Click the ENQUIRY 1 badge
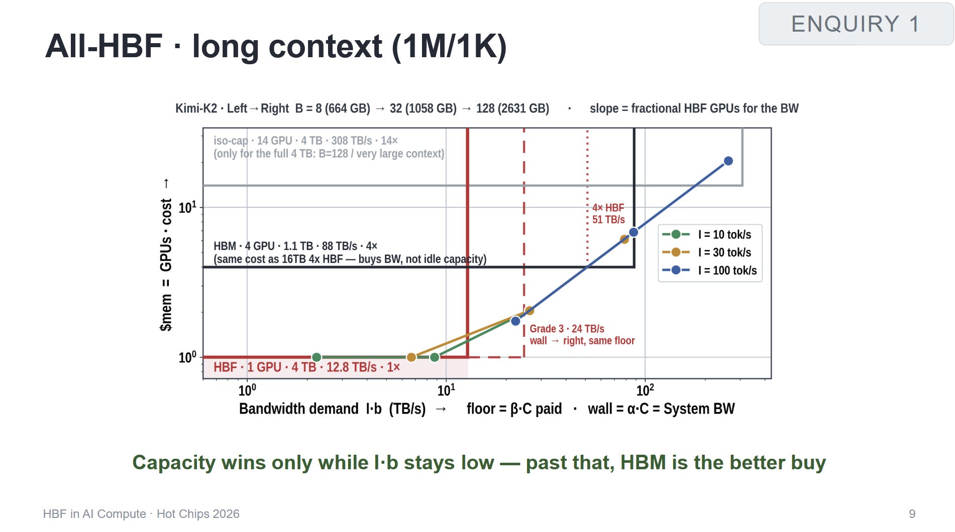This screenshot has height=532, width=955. [x=856, y=24]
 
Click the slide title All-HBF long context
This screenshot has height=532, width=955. [x=276, y=46]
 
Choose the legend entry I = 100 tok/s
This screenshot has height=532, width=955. [x=709, y=270]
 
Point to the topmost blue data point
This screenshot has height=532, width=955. [x=728, y=161]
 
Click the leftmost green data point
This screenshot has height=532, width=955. [x=316, y=357]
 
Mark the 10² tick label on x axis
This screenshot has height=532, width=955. [x=645, y=390]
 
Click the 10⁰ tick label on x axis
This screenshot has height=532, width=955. [x=247, y=390]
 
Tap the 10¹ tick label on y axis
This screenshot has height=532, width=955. [x=187, y=207]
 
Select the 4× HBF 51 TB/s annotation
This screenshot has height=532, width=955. [x=608, y=213]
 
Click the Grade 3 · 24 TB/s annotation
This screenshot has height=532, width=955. [x=567, y=329]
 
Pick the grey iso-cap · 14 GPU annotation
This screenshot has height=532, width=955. [x=305, y=141]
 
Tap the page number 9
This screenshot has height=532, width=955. [x=912, y=514]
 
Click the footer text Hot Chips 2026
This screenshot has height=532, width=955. [x=198, y=514]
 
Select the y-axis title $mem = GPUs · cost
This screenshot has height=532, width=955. [x=166, y=264]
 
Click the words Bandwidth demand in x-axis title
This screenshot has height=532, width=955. [x=299, y=409]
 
